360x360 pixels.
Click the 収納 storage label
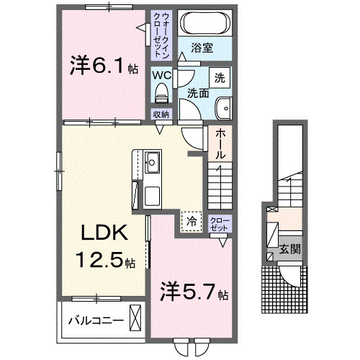160,114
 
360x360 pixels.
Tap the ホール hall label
220,144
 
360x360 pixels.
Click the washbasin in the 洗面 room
224,109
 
